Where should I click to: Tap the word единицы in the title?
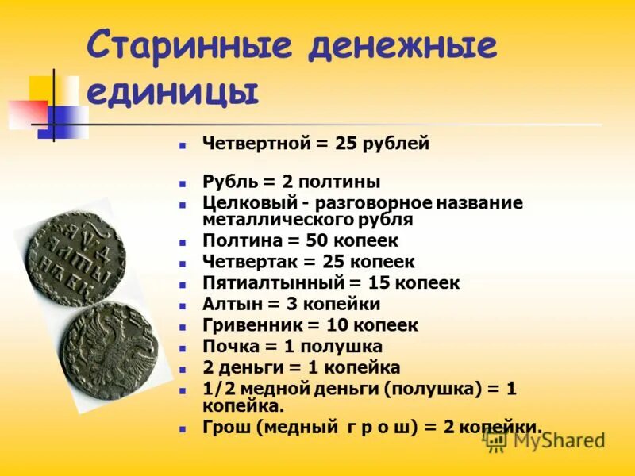click(172, 91)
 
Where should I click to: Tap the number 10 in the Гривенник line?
click(337, 325)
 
